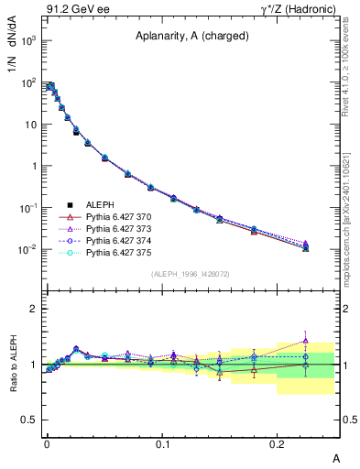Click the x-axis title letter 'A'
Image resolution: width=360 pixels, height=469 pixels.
tap(334, 456)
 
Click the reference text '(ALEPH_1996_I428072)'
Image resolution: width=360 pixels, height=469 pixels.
tap(190, 274)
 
